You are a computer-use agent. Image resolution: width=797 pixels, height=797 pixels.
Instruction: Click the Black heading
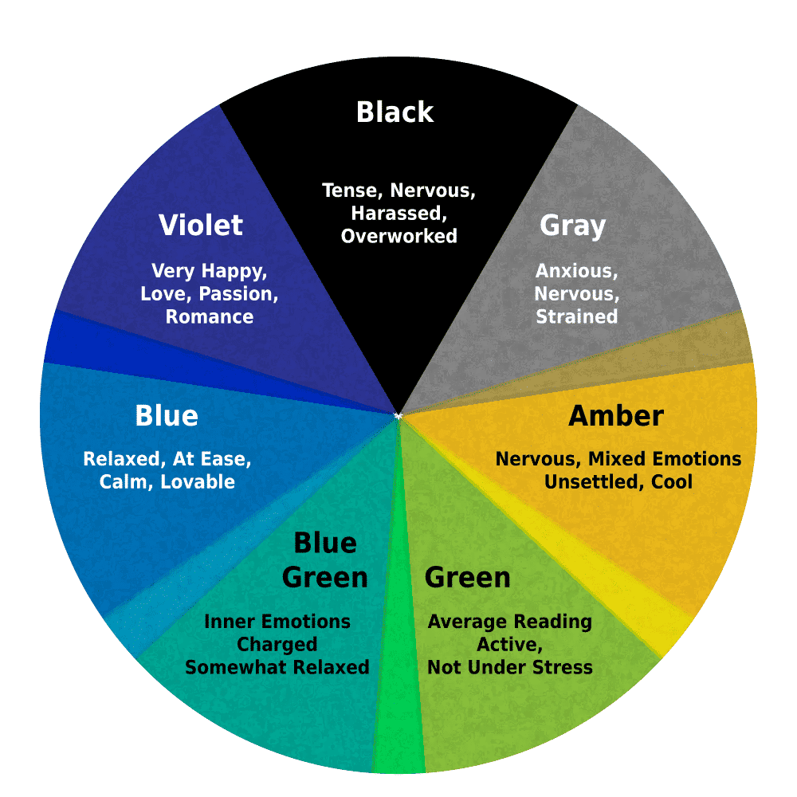[395, 112]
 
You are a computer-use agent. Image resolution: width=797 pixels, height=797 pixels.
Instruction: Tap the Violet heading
[201, 225]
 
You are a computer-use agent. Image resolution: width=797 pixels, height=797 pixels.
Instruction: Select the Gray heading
[573, 226]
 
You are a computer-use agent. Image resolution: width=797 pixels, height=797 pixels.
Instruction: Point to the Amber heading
[616, 416]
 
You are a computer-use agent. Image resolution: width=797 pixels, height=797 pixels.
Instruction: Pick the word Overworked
[399, 236]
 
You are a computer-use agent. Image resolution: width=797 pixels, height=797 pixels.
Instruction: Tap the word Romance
[210, 316]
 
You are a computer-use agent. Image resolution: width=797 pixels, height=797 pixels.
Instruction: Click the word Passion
[238, 294]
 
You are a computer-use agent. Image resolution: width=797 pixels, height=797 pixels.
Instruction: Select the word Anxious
[577, 272]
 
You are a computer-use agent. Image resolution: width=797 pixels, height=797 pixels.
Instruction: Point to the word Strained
[577, 316]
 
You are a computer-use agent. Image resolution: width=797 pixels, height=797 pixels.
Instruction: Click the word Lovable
[198, 482]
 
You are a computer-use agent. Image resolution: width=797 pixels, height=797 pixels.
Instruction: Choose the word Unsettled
[590, 482]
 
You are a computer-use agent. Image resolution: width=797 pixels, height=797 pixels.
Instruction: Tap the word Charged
[277, 645]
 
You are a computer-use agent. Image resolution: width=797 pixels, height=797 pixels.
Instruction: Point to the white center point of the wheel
[398, 416]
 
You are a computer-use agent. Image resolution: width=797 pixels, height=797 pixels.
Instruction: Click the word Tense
[353, 191]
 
